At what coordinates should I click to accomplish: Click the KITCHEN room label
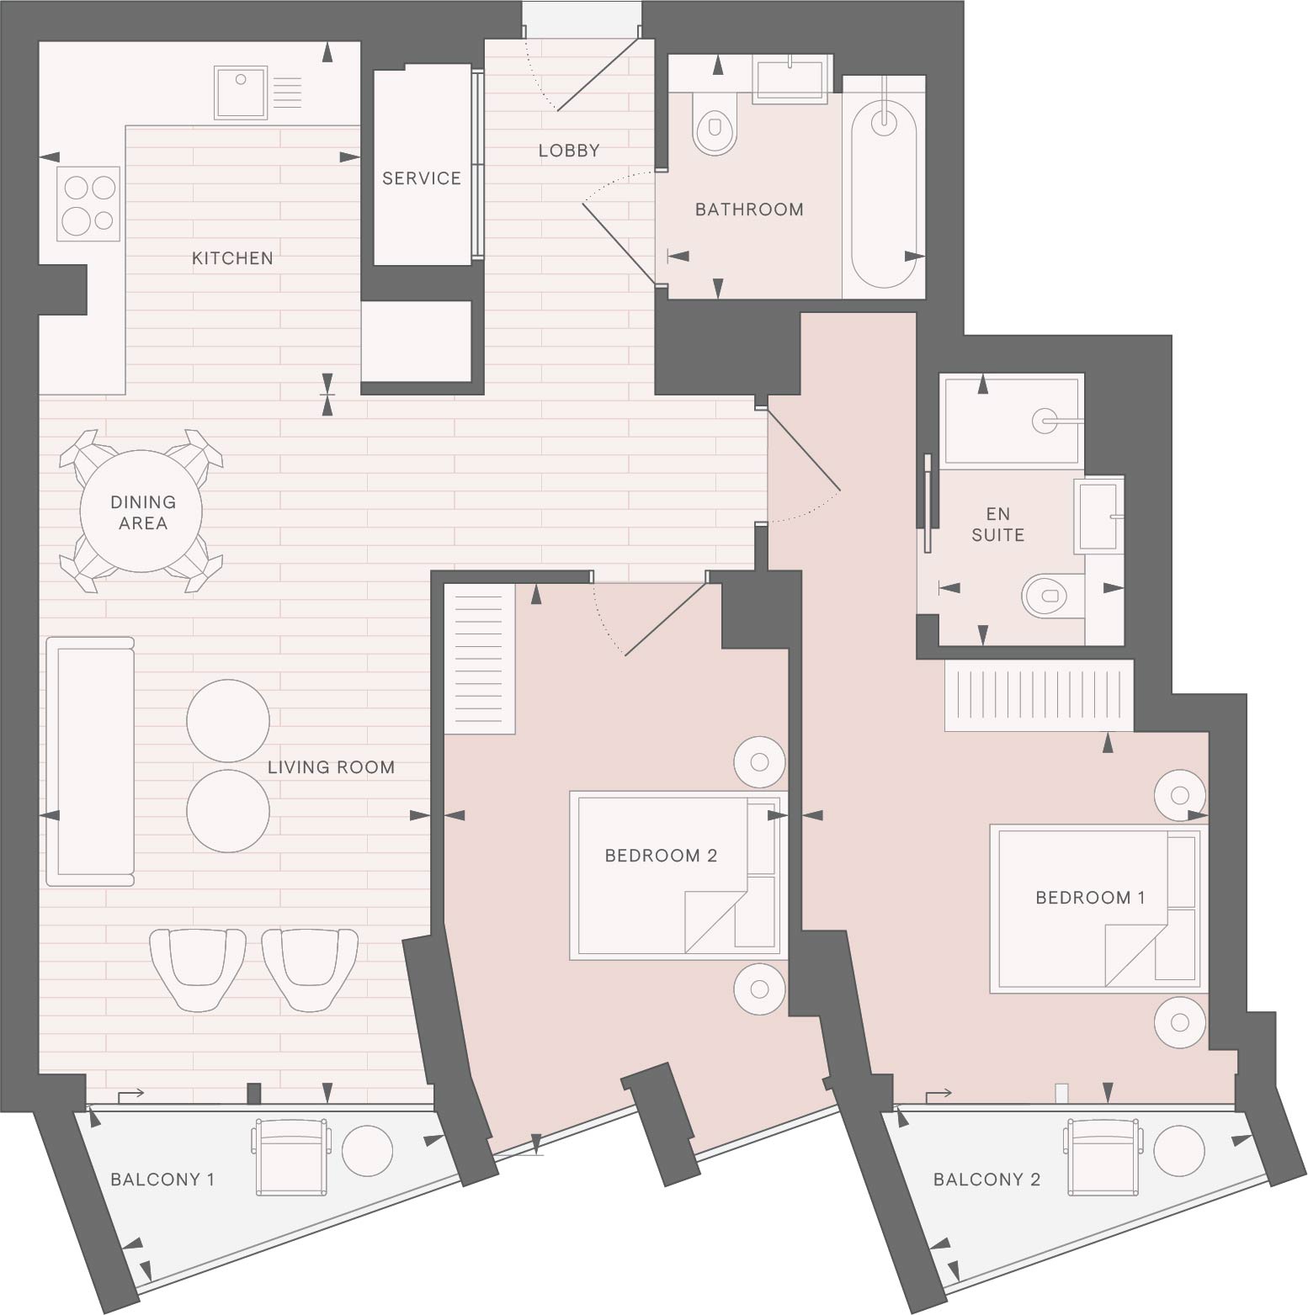pyautogui.click(x=232, y=258)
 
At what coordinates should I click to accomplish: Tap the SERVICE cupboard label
pyautogui.click(x=422, y=178)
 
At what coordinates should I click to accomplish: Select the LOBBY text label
pyautogui.click(x=569, y=151)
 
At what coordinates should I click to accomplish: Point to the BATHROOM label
pyautogui.click(x=749, y=209)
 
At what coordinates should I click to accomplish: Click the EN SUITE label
pyautogui.click(x=998, y=524)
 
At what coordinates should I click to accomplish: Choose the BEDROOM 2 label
pyautogui.click(x=661, y=856)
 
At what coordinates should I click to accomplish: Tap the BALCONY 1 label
pyautogui.click(x=162, y=1180)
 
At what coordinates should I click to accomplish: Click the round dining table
pyautogui.click(x=141, y=511)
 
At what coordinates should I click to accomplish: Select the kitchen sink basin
pyautogui.click(x=242, y=93)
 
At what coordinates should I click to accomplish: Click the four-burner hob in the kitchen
pyautogui.click(x=88, y=203)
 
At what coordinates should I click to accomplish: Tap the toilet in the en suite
pyautogui.click(x=1053, y=596)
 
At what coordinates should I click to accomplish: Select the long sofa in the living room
pyautogui.click(x=90, y=761)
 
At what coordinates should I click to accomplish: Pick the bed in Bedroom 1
pyautogui.click(x=1098, y=909)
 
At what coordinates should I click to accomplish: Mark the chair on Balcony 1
pyautogui.click(x=291, y=1156)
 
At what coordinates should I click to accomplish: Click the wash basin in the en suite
pyautogui.click(x=1099, y=517)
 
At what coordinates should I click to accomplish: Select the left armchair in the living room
pyautogui.click(x=198, y=968)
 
